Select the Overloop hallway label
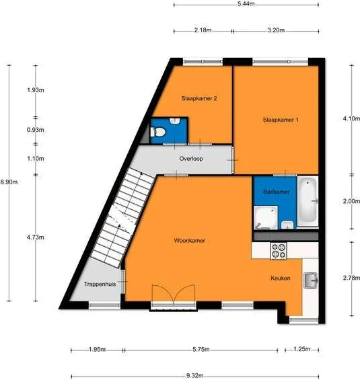192,159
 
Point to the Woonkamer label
190,240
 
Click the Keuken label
281,278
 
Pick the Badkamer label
277,192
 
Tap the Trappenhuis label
100,284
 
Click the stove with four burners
278,252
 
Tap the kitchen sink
310,280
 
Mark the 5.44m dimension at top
246,4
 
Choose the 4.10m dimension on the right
351,118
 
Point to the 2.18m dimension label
203,30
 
